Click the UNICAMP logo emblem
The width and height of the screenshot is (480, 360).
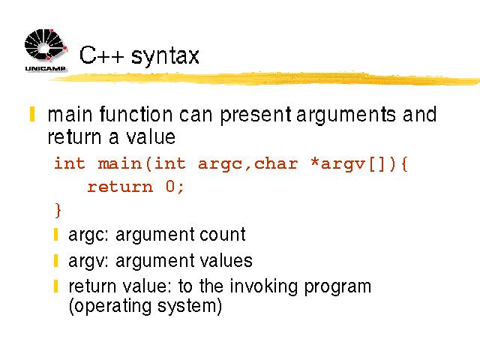click(46, 44)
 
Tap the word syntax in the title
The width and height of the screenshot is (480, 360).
click(165, 56)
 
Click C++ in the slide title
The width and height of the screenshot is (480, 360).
click(101, 55)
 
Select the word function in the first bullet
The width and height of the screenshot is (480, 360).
click(136, 115)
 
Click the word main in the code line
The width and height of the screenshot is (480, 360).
click(120, 163)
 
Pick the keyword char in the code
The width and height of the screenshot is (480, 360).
click(276, 163)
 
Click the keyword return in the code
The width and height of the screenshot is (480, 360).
click(120, 187)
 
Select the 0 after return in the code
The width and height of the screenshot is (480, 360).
click(170, 186)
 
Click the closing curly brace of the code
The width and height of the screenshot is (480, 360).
click(58, 210)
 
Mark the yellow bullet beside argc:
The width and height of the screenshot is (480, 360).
click(55, 235)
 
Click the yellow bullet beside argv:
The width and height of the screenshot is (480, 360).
click(55, 261)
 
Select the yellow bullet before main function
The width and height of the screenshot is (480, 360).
click(32, 114)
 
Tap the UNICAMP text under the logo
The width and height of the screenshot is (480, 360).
click(45, 68)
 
